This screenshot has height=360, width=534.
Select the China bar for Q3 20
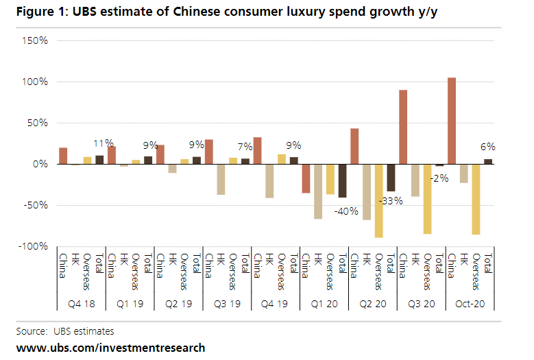pos(403,127)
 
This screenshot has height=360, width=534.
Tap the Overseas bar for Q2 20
pos(378,201)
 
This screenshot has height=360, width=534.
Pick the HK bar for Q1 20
pos(318,191)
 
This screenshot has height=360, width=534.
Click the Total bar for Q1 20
pos(342,181)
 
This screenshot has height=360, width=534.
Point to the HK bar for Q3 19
pos(221,180)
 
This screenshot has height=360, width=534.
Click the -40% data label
pos(345,211)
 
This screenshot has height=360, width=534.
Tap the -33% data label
pos(390,202)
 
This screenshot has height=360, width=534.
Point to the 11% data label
pos(103,144)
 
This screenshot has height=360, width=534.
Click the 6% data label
pos(487,147)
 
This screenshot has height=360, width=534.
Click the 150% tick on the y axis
pos(34,41)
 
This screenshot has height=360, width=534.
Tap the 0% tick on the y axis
pos(39,165)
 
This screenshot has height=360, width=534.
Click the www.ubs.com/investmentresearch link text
pos(110,348)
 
